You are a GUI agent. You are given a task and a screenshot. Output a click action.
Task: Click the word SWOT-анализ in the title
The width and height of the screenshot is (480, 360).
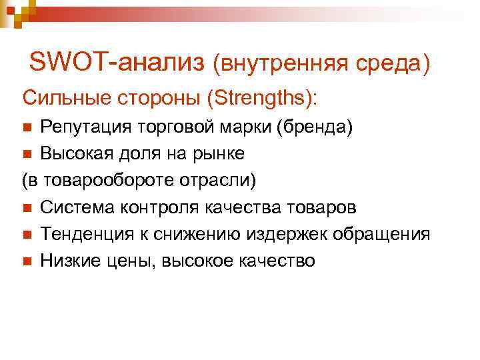117,62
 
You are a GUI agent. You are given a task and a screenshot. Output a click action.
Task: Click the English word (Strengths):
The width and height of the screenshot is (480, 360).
263,99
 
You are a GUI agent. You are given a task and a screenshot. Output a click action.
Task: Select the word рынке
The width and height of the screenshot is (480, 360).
221,154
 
